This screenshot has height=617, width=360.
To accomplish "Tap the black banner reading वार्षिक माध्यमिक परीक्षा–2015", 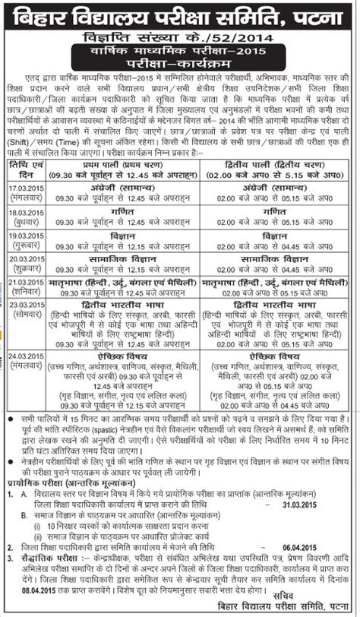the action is (180, 50).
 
